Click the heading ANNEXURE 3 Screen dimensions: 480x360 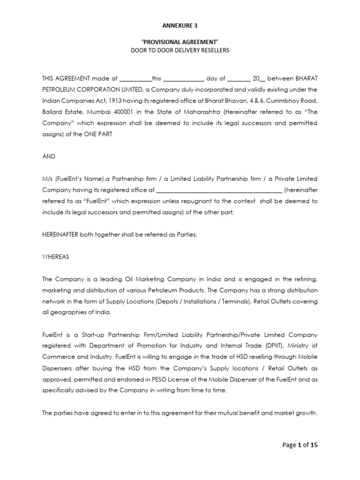[x=180, y=26]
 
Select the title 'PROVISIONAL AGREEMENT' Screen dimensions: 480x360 [x=180, y=41]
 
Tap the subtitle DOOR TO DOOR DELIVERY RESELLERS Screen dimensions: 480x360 [x=180, y=50]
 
